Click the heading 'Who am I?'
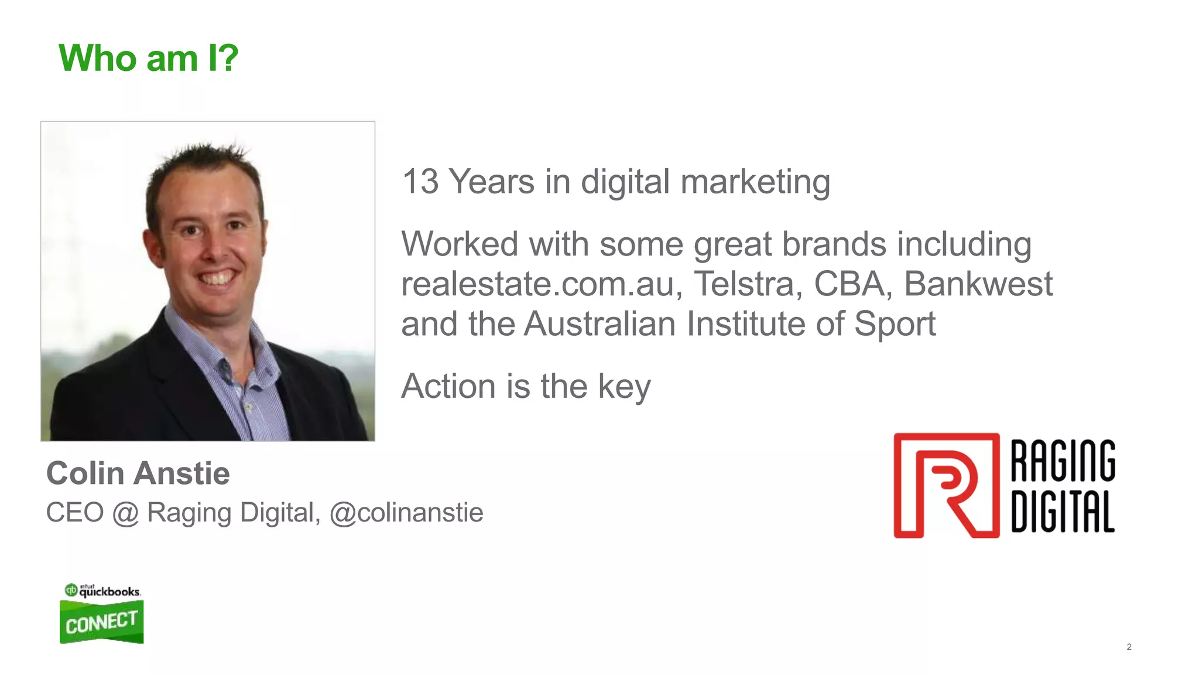(149, 59)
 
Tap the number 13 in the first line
(420, 182)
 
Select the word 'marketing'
(755, 183)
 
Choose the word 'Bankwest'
(978, 284)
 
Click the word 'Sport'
(895, 324)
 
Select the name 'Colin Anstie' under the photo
(138, 473)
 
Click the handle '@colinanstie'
(406, 513)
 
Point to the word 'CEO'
(75, 513)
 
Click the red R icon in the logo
(946, 485)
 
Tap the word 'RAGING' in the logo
(1063, 461)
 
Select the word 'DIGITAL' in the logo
(1063, 511)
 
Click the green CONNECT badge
(101, 622)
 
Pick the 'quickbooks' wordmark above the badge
(109, 592)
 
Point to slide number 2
(1129, 647)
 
